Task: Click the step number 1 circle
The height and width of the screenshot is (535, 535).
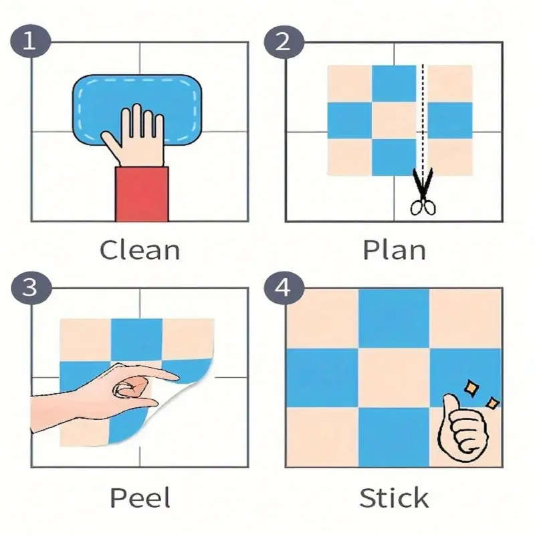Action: click(x=30, y=41)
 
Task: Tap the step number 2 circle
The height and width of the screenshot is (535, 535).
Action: click(x=284, y=42)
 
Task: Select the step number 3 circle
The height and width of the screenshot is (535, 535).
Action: click(x=31, y=288)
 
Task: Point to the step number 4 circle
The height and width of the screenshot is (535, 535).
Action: click(x=284, y=288)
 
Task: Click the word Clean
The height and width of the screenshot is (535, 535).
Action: click(x=140, y=250)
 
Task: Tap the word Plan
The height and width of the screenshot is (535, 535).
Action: click(x=394, y=250)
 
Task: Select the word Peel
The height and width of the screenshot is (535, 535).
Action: click(x=140, y=498)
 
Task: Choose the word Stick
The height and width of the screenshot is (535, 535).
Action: click(x=394, y=498)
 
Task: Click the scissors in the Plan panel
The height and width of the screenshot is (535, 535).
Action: click(x=423, y=192)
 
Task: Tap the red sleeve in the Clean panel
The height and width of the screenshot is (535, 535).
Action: click(x=142, y=194)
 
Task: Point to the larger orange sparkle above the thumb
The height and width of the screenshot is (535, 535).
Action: click(x=471, y=389)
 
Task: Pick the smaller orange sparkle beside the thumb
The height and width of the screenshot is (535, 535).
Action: click(x=492, y=403)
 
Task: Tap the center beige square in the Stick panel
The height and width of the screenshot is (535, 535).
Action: click(x=394, y=378)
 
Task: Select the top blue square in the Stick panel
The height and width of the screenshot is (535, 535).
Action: click(x=394, y=319)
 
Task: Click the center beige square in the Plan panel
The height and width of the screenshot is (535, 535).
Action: click(x=394, y=120)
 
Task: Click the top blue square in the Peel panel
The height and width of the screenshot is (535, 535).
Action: click(x=136, y=340)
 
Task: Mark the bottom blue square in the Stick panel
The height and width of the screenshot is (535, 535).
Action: click(x=394, y=437)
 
